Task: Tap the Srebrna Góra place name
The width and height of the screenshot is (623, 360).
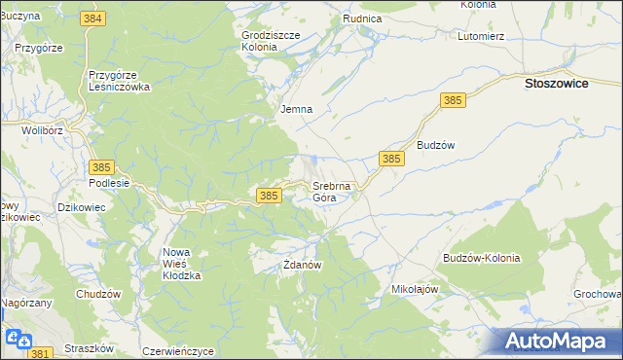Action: [337, 191]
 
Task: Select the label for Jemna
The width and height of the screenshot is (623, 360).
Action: [296, 109]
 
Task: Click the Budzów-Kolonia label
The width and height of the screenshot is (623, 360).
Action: [481, 259]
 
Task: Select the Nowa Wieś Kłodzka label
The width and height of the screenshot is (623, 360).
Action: [181, 264]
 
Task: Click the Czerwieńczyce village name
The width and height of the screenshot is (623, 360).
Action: [177, 351]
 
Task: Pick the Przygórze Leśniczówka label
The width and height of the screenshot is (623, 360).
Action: [118, 80]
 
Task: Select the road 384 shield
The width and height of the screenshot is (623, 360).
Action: [93, 18]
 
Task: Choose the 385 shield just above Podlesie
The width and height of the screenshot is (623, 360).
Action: [102, 167]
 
